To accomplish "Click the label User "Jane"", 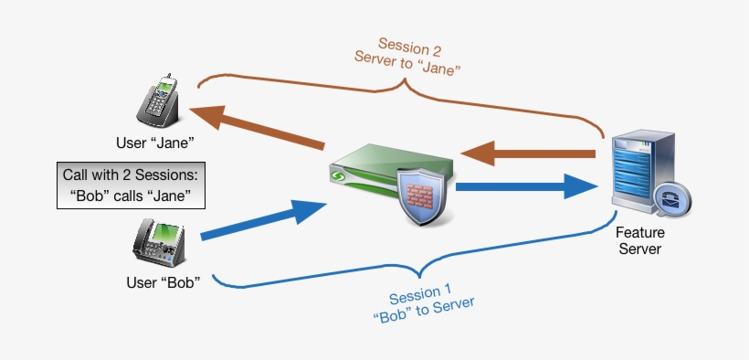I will [x=163, y=143].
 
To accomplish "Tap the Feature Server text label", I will [x=638, y=241].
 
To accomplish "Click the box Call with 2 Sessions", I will [x=131, y=185].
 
